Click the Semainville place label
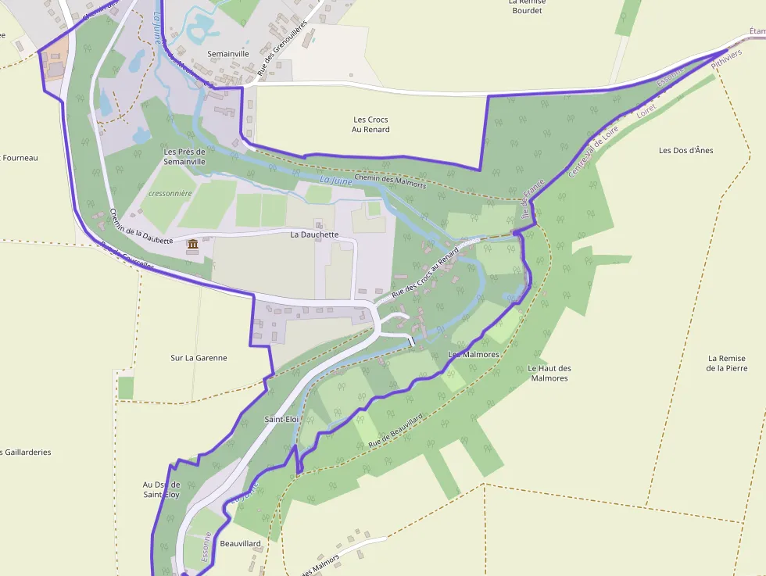(x=228, y=54)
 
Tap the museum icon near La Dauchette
(x=192, y=246)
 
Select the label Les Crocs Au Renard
(x=371, y=124)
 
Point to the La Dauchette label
(x=314, y=234)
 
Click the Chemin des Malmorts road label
(x=390, y=181)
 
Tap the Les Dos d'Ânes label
(x=685, y=151)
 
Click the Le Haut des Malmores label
(x=549, y=374)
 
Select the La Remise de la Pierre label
(x=726, y=363)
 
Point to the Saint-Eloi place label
(x=281, y=420)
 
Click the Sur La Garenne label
(x=199, y=358)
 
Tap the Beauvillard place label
(x=240, y=543)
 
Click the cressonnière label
(x=170, y=193)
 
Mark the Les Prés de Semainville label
(x=184, y=156)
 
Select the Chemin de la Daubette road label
(x=141, y=227)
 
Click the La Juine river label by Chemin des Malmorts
(x=336, y=181)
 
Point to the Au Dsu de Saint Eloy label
(x=161, y=489)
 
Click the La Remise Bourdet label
(x=526, y=6)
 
